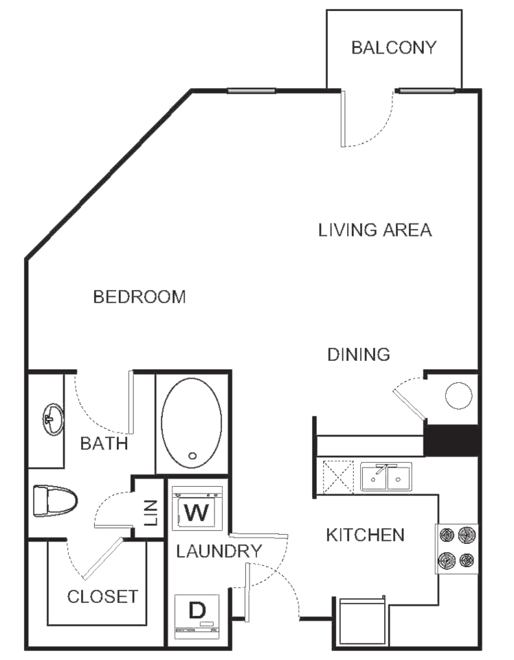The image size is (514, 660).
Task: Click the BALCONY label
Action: point(394,47)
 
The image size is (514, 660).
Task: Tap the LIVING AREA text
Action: point(375,230)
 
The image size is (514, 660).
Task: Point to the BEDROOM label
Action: point(139,297)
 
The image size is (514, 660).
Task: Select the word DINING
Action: point(359,355)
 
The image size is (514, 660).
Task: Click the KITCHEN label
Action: point(365,535)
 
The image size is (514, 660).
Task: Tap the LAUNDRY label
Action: point(219,551)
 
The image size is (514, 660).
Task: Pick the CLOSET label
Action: point(102,597)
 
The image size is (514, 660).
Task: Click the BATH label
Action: point(104,443)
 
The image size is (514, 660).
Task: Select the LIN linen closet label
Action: point(150,513)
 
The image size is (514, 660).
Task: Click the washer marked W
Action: point(197,507)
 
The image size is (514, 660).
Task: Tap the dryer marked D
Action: point(197,615)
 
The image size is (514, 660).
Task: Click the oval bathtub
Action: point(192,423)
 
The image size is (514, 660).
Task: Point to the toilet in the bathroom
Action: point(56,501)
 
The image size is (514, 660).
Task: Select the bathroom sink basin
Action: point(53,419)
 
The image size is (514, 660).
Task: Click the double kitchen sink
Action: point(386,477)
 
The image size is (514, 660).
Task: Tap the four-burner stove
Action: point(457,549)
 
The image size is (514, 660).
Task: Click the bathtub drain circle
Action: point(192,455)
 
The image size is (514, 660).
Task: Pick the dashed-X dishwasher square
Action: point(338,478)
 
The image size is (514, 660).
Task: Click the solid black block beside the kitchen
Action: point(451,440)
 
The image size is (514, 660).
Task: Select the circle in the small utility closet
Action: point(458,396)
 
